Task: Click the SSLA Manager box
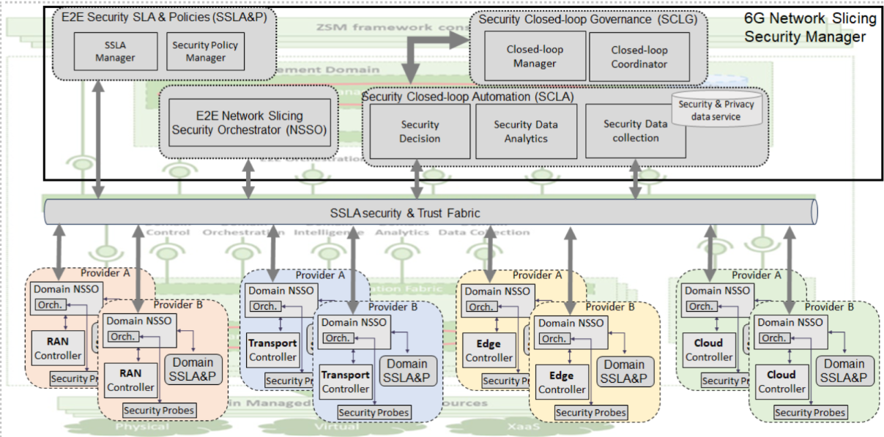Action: [x=115, y=51]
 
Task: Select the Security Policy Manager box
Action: [x=205, y=51]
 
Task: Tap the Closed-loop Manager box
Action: [x=535, y=57]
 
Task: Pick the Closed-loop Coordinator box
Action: [x=639, y=57]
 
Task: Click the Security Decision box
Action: [x=420, y=131]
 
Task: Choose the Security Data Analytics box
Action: [x=525, y=131]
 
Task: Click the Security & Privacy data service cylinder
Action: [x=716, y=111]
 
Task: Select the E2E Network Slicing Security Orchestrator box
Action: [x=248, y=122]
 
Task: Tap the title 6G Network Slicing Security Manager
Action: [x=810, y=29]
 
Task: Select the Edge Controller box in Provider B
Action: [x=562, y=382]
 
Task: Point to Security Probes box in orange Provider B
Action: [x=159, y=410]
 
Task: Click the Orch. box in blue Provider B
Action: [x=338, y=338]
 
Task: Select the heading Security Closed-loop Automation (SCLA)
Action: [x=467, y=97]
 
